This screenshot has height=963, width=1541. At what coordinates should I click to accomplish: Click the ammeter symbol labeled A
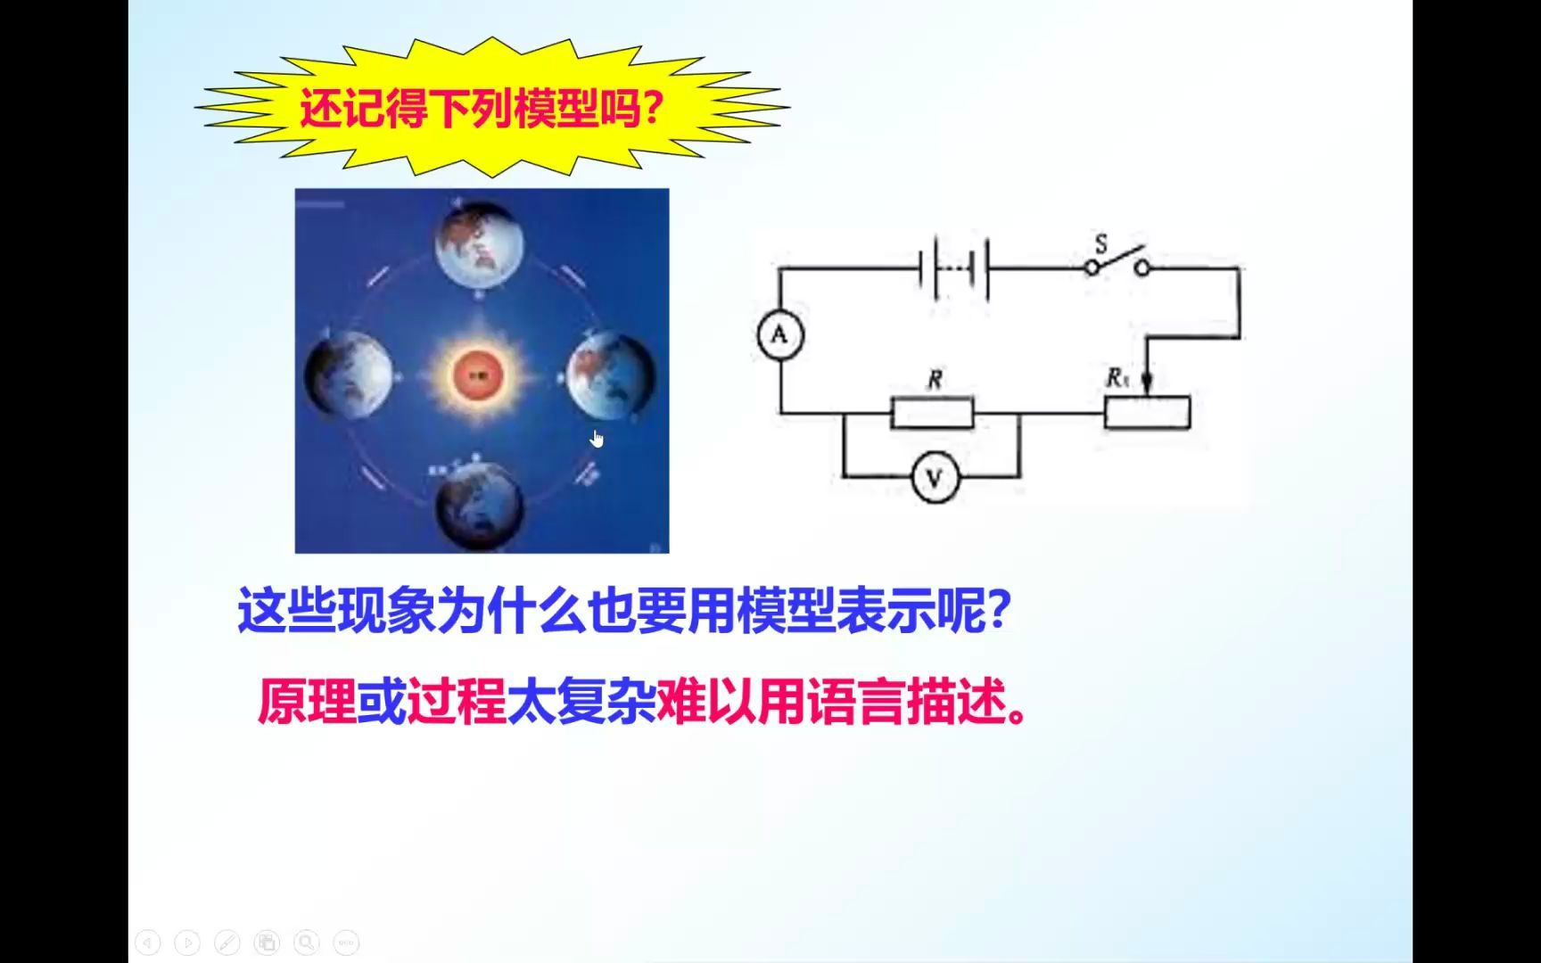[780, 335]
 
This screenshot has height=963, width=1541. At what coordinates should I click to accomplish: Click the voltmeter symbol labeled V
[935, 479]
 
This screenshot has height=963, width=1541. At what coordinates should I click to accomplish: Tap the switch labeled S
[1117, 262]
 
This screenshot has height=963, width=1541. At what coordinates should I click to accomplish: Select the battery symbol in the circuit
[954, 267]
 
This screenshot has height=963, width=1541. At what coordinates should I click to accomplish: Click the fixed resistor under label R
[933, 413]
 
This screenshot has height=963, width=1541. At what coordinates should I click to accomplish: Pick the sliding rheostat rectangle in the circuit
[1147, 413]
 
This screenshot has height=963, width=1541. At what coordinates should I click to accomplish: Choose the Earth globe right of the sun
[611, 375]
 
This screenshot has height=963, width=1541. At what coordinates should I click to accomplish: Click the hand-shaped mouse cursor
[597, 439]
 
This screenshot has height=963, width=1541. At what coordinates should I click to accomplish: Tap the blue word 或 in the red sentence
[382, 702]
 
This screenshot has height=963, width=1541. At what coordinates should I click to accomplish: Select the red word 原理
[307, 702]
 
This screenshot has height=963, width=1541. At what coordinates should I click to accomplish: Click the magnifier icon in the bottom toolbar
[307, 942]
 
